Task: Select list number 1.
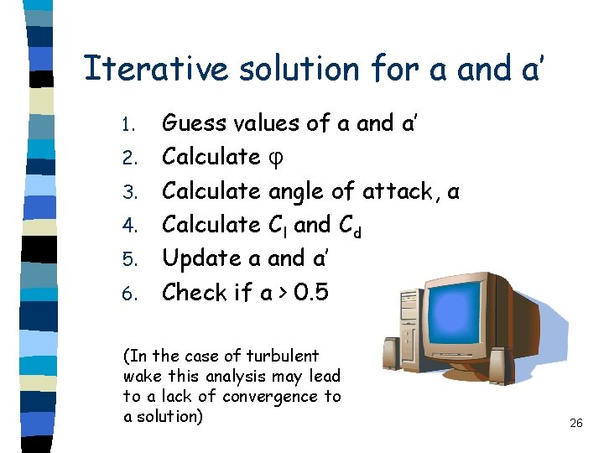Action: point(128,125)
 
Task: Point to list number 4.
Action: point(128,226)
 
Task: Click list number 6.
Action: point(128,294)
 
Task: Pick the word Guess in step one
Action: point(194,124)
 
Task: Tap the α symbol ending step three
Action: point(453,193)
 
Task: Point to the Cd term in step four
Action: point(351,225)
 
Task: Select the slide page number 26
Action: point(575,423)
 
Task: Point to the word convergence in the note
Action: point(277,396)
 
